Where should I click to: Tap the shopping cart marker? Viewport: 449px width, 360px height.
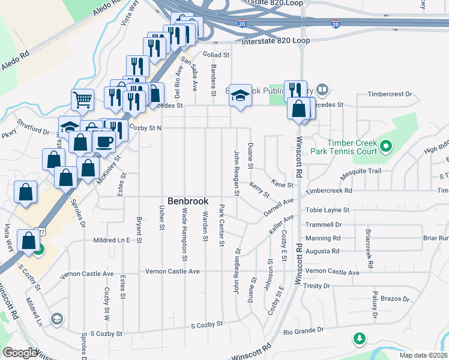(82, 100)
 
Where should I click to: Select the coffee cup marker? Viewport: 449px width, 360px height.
(104, 142)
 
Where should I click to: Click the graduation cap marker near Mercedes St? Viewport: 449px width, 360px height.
(240, 95)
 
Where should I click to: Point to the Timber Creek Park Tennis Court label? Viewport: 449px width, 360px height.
(352, 147)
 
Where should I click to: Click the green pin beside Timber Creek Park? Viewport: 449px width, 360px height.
(386, 146)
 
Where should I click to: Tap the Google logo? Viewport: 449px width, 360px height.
(20, 353)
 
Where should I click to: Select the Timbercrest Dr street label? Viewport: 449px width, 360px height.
(390, 94)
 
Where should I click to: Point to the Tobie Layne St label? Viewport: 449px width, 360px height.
(329, 211)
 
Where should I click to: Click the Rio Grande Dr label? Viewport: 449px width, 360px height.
(303, 330)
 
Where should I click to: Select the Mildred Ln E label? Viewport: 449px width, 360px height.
(112, 240)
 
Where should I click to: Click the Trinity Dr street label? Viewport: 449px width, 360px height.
(317, 286)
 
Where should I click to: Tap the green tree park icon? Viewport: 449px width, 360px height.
(360, 339)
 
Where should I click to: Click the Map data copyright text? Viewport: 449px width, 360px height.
(423, 355)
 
